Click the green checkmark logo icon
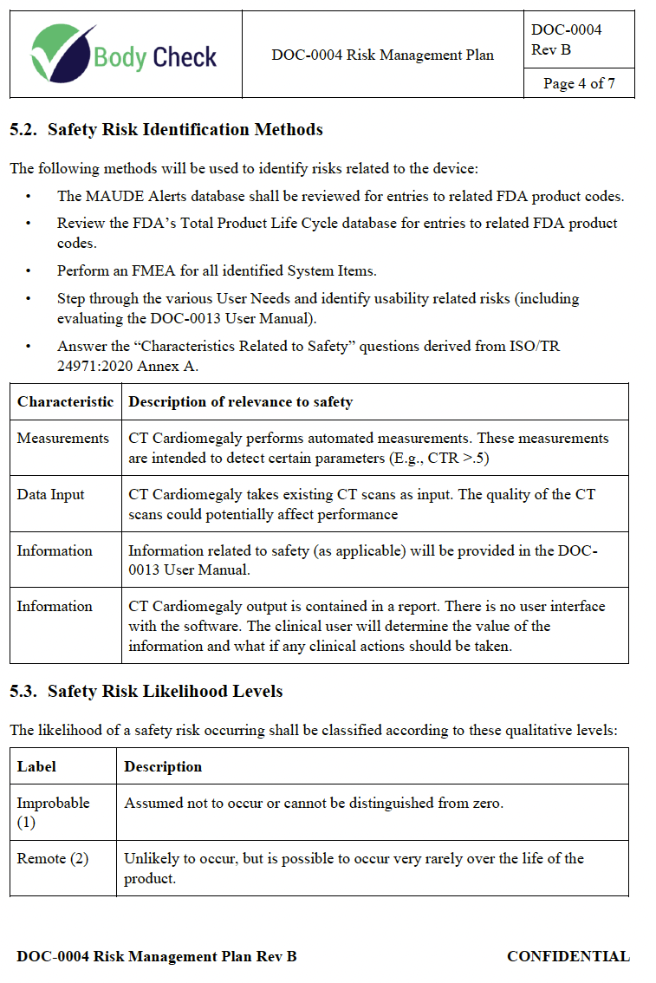61,52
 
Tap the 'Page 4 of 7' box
579,83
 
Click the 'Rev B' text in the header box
551,49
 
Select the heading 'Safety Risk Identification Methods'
185,130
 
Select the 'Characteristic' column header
65,401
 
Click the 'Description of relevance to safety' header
240,401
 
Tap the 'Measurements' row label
63,438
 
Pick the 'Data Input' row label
50,494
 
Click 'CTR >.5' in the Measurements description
457,458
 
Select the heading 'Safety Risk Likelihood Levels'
165,691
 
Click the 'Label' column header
36,766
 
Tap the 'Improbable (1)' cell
53,811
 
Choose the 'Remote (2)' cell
53,858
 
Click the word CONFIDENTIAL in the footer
568,956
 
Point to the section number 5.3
24,691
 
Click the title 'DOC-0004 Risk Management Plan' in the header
382,55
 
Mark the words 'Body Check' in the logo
155,58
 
